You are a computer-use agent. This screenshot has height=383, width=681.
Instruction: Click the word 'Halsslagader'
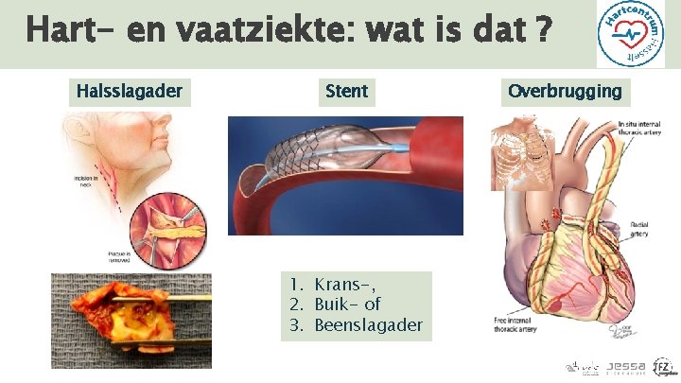pos(129,92)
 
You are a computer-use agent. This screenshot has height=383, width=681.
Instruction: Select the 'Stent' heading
pos(346,92)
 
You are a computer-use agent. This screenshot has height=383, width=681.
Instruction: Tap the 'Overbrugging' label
pos(566,92)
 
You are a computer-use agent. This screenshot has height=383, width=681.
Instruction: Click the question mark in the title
pos(544,31)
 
